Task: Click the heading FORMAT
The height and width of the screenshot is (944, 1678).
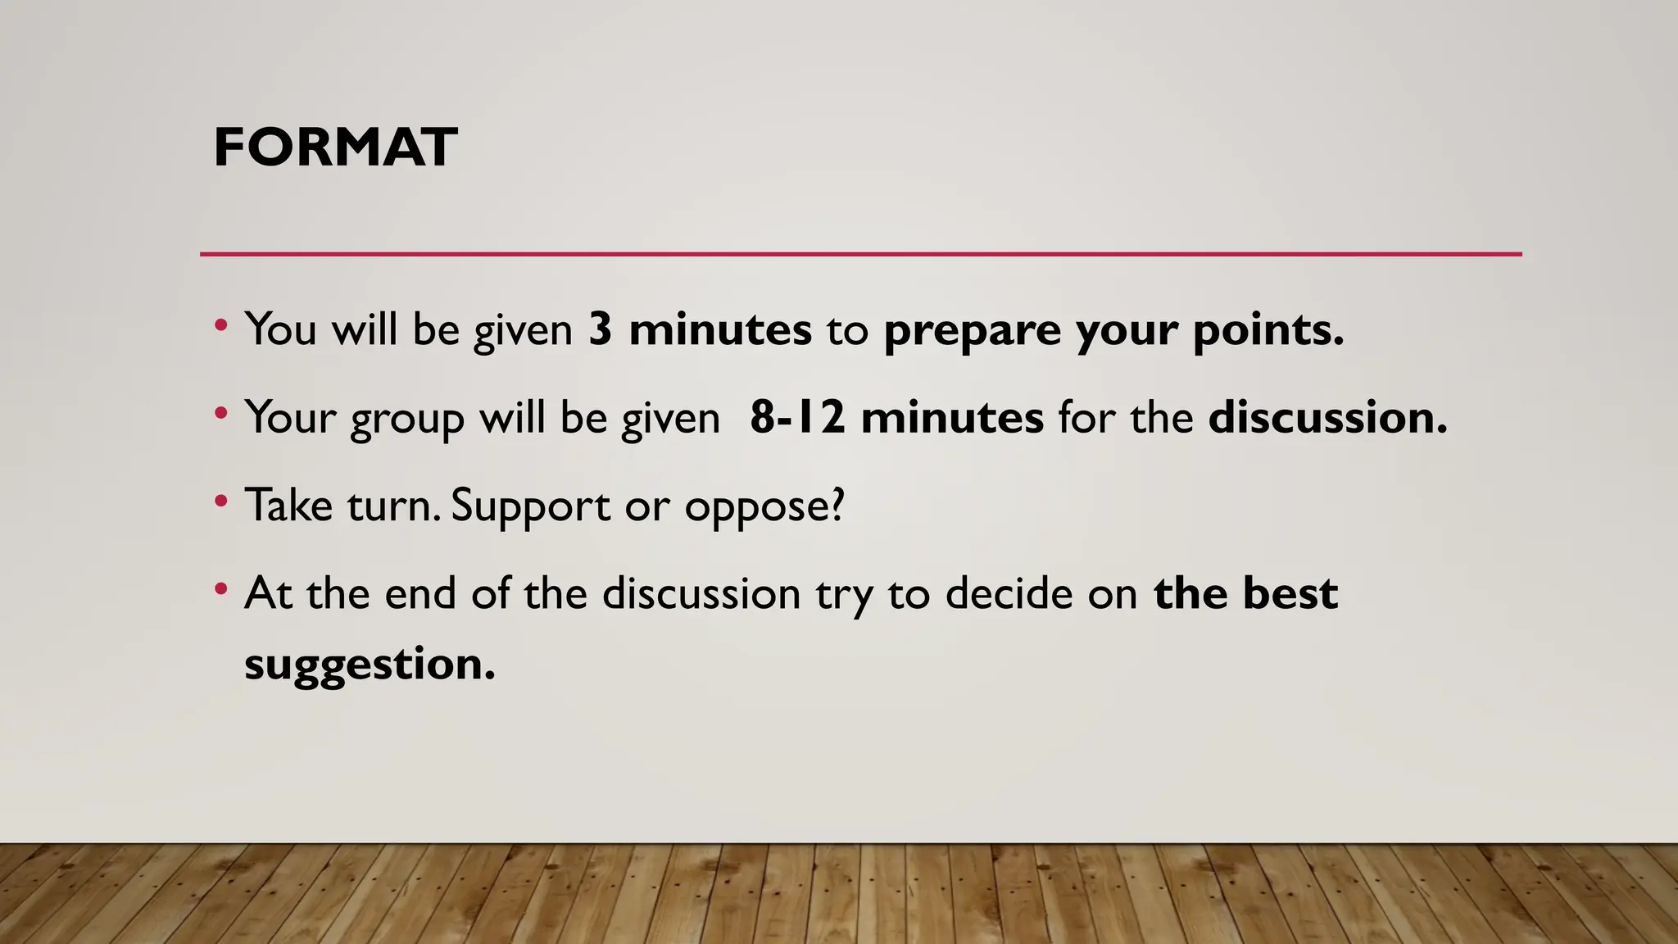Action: tap(335, 147)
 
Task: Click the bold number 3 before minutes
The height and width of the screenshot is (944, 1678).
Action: tap(601, 329)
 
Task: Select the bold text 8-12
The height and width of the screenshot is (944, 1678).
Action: tap(796, 417)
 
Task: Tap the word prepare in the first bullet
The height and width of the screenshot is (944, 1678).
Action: tap(972, 331)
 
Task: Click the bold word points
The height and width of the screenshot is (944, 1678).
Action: tap(1268, 331)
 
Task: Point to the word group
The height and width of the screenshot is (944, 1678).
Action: tap(407, 419)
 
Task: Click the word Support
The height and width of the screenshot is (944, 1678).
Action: tap(530, 506)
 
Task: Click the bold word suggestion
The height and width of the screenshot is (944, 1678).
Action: tap(370, 664)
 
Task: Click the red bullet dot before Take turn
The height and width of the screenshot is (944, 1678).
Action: tap(220, 500)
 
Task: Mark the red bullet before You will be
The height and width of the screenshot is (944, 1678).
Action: tap(220, 324)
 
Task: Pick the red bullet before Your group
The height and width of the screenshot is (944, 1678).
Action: tap(220, 412)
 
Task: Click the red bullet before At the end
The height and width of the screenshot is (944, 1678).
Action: tap(220, 588)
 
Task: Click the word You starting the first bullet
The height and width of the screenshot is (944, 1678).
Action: tap(280, 329)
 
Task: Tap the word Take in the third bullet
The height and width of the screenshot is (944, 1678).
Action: tap(288, 505)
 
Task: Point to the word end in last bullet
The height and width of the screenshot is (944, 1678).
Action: tap(420, 592)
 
